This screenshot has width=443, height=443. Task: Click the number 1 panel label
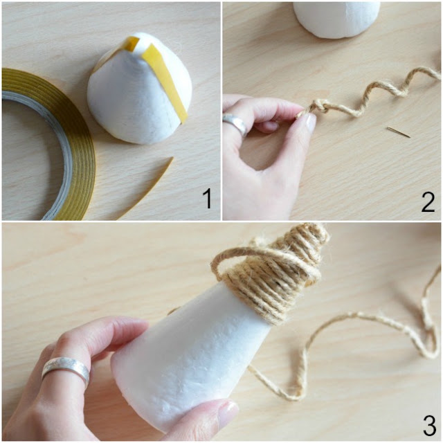(x=208, y=199)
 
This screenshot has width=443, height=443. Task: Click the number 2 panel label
(x=428, y=201)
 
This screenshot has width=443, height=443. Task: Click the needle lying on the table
(x=399, y=132)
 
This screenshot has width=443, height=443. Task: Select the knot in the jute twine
(x=322, y=107)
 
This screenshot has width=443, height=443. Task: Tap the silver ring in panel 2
(x=235, y=125)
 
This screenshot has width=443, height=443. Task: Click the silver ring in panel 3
(x=66, y=371)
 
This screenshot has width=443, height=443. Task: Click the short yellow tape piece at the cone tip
(x=131, y=44)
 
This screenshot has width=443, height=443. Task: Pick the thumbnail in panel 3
(x=228, y=413)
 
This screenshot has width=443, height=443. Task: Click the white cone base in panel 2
(x=336, y=19)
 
